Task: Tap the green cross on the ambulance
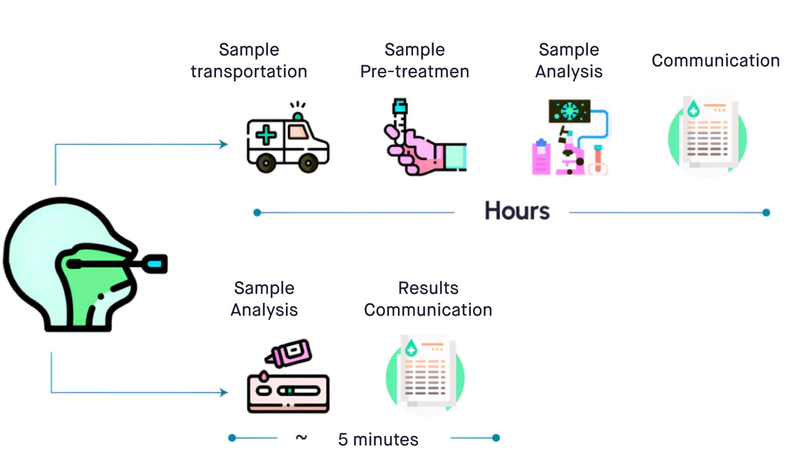click(265, 135)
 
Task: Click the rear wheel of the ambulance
click(266, 162)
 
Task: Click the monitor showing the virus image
click(569, 111)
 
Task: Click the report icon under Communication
click(708, 135)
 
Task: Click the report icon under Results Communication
click(426, 374)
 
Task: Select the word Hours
click(517, 211)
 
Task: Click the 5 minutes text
click(378, 439)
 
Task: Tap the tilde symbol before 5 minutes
click(301, 437)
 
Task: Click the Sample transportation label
click(249, 60)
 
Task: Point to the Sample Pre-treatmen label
click(415, 60)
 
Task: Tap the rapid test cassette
click(288, 393)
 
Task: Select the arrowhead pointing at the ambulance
click(224, 145)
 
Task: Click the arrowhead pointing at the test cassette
click(224, 392)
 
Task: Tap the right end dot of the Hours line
click(766, 212)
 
